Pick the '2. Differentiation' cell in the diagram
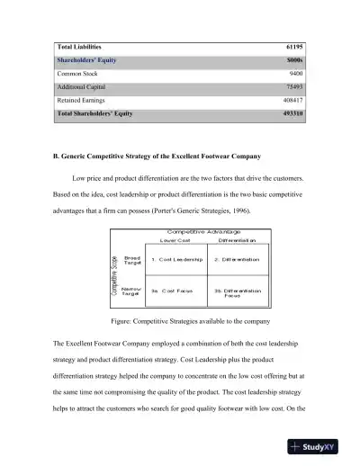pos(237,259)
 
